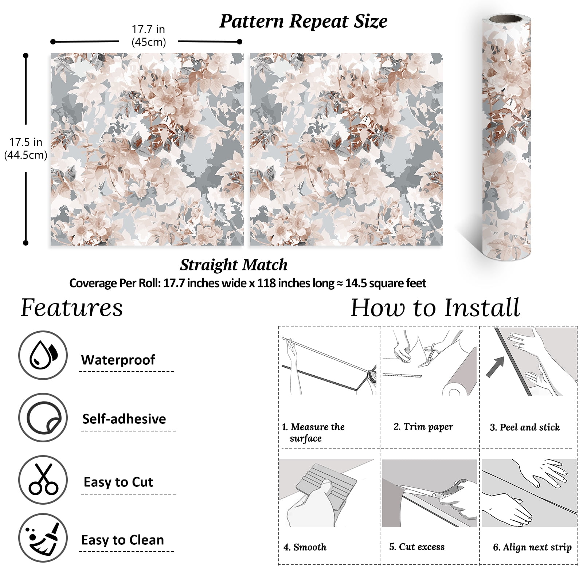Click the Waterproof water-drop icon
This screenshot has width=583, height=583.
(x=43, y=355)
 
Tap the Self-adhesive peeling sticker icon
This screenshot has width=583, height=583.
(x=43, y=418)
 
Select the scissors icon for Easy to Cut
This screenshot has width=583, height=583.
(x=43, y=480)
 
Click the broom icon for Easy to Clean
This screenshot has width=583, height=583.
(x=43, y=538)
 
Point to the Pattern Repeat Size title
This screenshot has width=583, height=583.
(x=303, y=21)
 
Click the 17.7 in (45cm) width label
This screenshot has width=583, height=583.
(x=149, y=36)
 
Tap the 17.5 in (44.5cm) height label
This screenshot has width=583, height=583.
(x=26, y=149)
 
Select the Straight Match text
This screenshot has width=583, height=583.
(x=234, y=265)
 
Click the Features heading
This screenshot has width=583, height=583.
(x=72, y=308)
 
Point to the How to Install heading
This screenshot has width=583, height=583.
(x=435, y=308)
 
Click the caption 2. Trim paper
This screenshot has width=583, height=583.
(x=423, y=427)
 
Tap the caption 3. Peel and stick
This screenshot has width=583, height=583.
(x=525, y=427)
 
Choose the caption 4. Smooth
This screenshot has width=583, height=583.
(x=305, y=547)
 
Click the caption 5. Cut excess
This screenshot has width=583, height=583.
(x=417, y=547)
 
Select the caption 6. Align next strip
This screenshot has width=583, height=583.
(x=532, y=547)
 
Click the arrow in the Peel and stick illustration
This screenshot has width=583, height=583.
(x=496, y=366)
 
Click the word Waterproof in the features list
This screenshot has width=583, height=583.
(x=118, y=360)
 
